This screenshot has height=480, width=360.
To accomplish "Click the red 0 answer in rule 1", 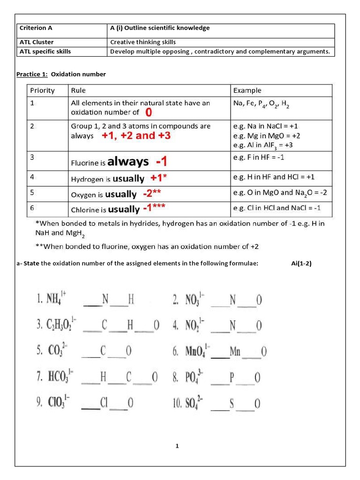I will click(149, 112).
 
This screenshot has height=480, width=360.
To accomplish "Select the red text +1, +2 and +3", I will click(136, 136).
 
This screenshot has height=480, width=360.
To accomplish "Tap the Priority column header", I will click(43, 90).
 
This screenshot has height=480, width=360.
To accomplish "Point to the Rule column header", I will click(78, 90).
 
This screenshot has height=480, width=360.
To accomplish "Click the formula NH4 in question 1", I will click(56, 299).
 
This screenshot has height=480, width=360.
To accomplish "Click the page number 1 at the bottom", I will click(177, 446).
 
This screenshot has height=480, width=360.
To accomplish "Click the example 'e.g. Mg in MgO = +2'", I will click(266, 135).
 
